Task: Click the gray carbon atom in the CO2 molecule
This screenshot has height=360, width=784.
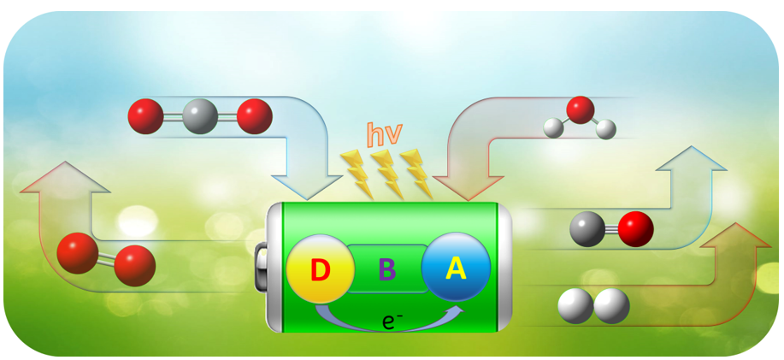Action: click(x=199, y=115)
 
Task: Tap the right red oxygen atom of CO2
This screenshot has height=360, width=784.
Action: click(x=254, y=115)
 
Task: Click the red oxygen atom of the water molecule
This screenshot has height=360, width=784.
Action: click(x=581, y=109)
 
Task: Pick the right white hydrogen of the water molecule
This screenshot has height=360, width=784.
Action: click(x=606, y=129)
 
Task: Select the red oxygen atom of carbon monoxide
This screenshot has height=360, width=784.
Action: click(x=635, y=228)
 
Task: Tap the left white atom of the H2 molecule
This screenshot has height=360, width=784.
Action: click(x=575, y=306)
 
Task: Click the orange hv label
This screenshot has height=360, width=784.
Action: click(x=385, y=134)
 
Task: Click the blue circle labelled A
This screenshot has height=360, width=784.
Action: click(x=456, y=268)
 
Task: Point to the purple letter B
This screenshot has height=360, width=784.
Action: click(x=387, y=270)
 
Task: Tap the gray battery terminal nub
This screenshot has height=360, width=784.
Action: click(x=262, y=267)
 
